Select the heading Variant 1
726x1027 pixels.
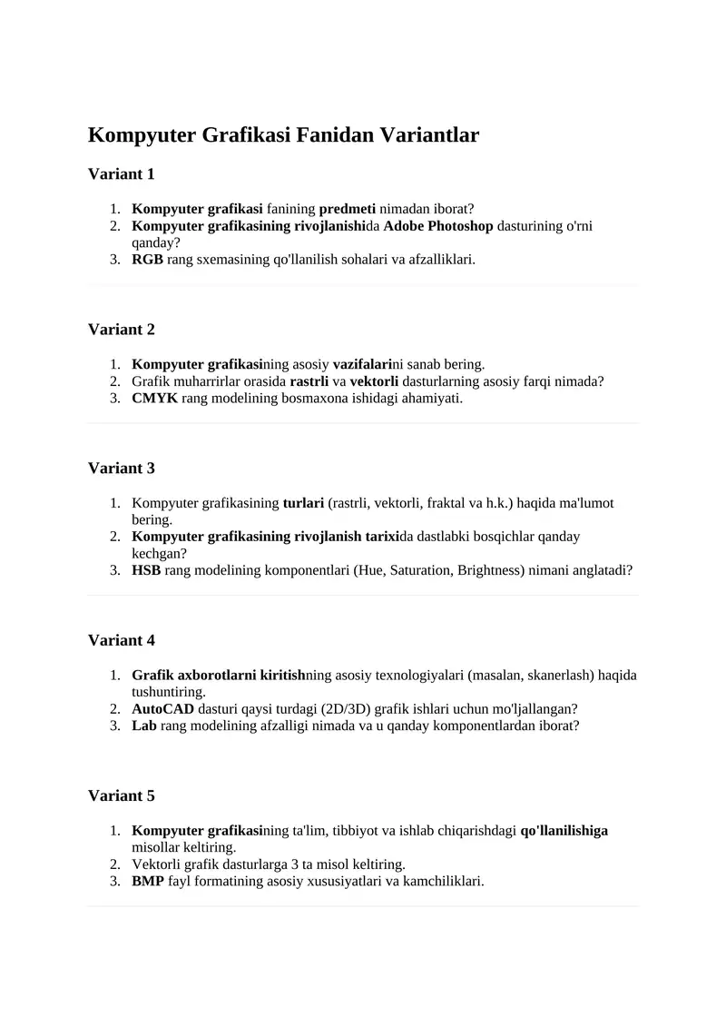pyautogui.click(x=122, y=173)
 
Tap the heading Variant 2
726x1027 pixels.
pyautogui.click(x=122, y=329)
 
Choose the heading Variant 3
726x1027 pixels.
pyautogui.click(x=122, y=468)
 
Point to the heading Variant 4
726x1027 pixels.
pyautogui.click(x=122, y=640)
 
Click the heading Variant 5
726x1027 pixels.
pyautogui.click(x=122, y=795)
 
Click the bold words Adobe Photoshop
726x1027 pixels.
pyautogui.click(x=438, y=225)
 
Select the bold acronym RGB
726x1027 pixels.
pyautogui.click(x=147, y=259)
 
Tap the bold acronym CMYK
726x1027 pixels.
pyautogui.click(x=154, y=398)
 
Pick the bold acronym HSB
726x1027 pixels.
pyautogui.click(x=146, y=570)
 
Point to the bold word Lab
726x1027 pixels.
pyautogui.click(x=143, y=726)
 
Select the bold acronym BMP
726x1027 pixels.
pyautogui.click(x=148, y=881)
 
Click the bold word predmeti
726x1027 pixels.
pyautogui.click(x=347, y=208)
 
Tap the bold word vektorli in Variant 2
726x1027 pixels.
pyautogui.click(x=374, y=381)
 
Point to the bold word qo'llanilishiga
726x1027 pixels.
pyautogui.click(x=564, y=830)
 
